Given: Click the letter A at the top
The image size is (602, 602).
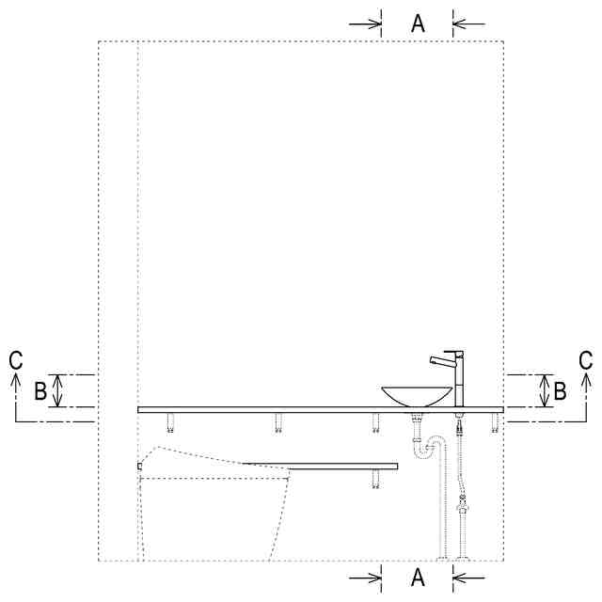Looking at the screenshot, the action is coord(418,24).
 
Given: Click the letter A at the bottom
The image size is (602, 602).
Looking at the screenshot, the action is coord(418,577).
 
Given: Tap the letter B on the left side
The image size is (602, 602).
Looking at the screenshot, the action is coord(40,391).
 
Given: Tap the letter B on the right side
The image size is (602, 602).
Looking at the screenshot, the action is coord(560,391).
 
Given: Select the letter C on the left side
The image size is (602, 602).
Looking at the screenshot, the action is coord(16,360).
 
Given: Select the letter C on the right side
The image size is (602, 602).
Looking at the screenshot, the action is coord(585,360).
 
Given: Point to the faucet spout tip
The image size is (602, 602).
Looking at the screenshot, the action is coord(433,359).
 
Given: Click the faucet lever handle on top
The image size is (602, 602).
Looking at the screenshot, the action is coord(453,352).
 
